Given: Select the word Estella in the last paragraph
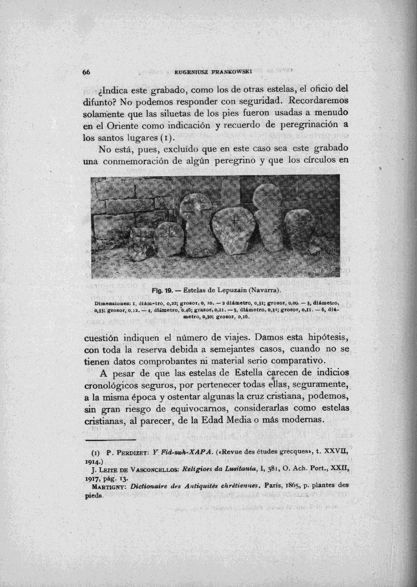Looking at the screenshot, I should (x=242, y=374).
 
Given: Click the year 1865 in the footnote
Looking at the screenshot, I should (x=316, y=487).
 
